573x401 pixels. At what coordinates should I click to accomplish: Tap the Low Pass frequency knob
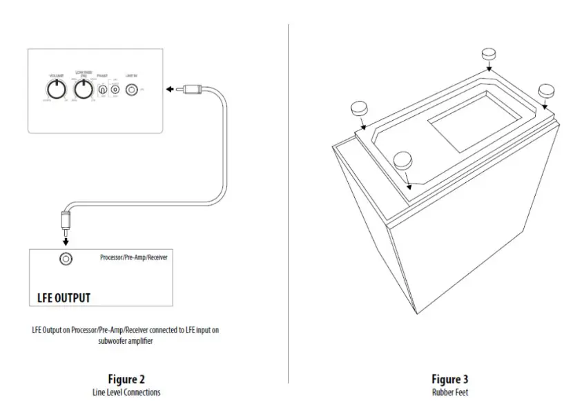coord(84,89)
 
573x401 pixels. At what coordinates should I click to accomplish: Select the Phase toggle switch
coord(102,90)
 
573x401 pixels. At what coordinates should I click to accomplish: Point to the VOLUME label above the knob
coord(55,75)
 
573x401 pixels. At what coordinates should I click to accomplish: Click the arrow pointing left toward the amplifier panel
coord(169,89)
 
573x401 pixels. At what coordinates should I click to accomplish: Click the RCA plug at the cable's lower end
coord(66,222)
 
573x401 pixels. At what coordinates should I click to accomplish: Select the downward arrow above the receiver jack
coord(66,240)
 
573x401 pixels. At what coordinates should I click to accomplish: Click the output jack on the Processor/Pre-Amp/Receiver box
coord(66,260)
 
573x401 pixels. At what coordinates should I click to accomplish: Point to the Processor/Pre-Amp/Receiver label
coord(133,257)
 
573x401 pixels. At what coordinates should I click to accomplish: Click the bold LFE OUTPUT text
coord(64,298)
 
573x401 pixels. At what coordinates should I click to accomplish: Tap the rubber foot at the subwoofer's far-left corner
coord(360,108)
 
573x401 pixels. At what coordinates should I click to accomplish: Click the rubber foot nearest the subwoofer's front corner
coord(403,160)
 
